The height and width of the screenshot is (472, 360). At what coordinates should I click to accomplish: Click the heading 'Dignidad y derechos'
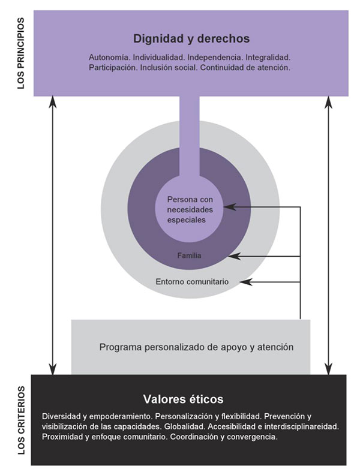point(191,39)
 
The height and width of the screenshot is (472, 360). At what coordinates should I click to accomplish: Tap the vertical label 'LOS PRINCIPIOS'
point(21,53)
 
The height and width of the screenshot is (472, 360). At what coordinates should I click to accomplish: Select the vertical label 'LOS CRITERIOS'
point(21,420)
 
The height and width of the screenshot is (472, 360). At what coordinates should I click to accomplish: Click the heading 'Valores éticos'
point(183,399)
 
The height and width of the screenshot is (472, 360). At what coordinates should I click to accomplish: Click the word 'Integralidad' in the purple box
point(268,57)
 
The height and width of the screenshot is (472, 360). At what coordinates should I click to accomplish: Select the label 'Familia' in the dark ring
point(189,255)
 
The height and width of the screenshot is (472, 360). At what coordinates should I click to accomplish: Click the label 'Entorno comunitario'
point(192,282)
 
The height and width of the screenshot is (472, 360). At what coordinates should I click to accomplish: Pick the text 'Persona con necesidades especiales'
point(190,209)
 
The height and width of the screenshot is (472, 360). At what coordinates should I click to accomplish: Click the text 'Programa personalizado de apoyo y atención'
point(196,347)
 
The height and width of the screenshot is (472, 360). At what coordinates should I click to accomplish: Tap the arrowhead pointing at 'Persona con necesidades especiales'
point(229,207)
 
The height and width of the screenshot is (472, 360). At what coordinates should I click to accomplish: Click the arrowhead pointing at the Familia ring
point(234,256)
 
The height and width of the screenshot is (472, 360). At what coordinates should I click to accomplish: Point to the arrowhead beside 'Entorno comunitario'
point(245,282)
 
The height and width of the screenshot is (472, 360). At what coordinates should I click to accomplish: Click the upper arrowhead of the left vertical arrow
point(53,102)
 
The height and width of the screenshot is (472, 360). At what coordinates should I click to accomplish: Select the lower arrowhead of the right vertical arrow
point(329,369)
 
